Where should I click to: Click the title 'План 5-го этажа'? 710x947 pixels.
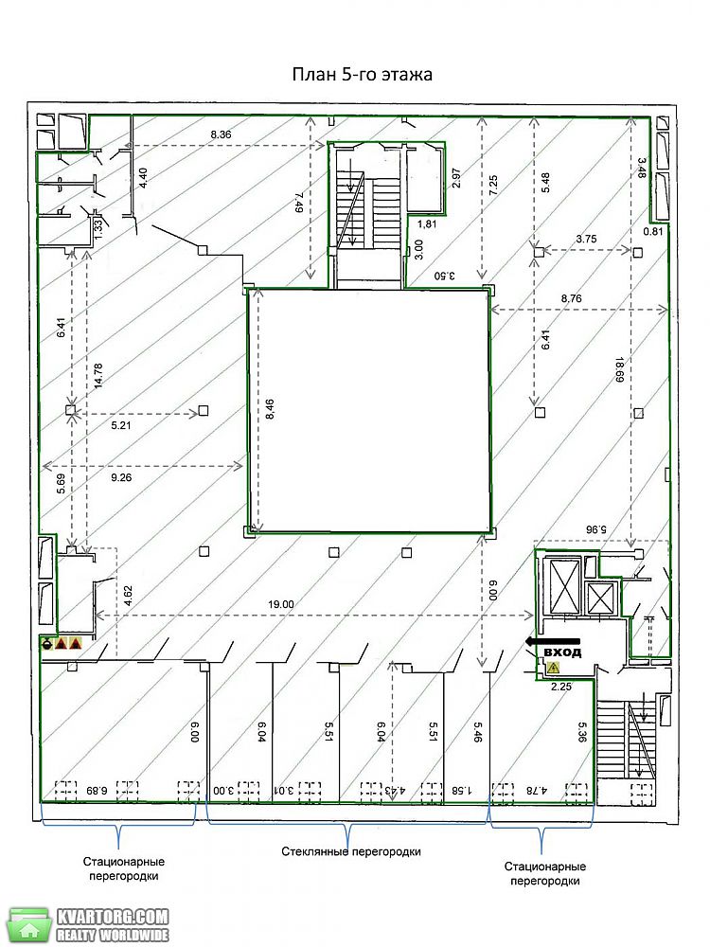[x=363, y=74]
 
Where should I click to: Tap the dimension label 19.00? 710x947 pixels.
[x=281, y=604]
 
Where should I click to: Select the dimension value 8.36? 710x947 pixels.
[x=221, y=134]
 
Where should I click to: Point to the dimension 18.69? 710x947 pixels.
[x=619, y=369]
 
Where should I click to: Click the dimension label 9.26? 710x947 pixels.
[x=121, y=477]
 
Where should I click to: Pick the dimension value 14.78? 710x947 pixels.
[x=98, y=376]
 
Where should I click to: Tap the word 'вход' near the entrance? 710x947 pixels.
[x=562, y=652]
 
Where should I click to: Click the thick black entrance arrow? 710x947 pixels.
[x=552, y=641]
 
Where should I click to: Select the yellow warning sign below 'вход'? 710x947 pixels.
[x=553, y=668]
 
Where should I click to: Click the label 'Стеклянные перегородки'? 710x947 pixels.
[x=351, y=851]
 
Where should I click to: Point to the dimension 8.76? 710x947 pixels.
[x=571, y=298]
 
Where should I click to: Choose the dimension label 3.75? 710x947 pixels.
[x=586, y=239]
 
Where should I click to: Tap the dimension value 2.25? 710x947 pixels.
[x=560, y=686]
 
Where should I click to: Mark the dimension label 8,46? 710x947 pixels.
[x=269, y=409]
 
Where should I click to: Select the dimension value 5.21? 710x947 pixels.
[x=121, y=425]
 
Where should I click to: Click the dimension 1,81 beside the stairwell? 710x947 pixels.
[x=426, y=223]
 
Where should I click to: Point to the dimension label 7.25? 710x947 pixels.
[x=493, y=185]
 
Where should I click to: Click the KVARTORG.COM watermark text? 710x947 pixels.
[x=113, y=916]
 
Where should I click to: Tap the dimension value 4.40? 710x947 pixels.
[x=143, y=178]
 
